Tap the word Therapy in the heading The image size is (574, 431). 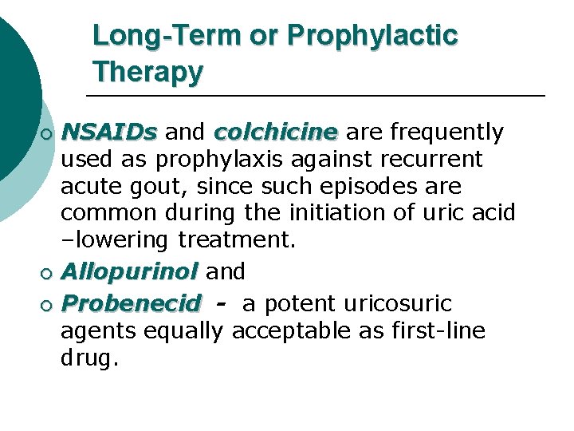[x=147, y=73]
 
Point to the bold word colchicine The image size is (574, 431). [x=276, y=132]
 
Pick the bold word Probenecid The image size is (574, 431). [x=132, y=304]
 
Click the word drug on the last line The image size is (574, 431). [x=88, y=358]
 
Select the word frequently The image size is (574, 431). [x=444, y=132]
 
